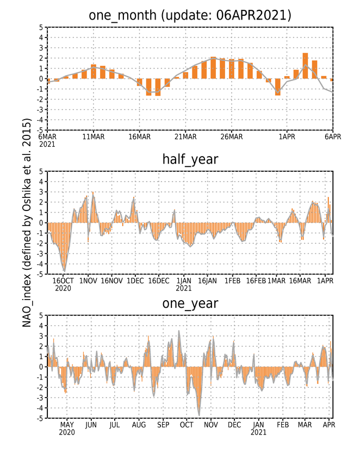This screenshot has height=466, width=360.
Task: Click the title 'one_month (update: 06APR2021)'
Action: pos(190,15)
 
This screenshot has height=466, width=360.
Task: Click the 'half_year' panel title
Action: pos(190,159)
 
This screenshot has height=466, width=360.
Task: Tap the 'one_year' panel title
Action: pos(190,303)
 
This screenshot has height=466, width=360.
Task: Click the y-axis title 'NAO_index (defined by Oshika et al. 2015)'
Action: pos(27,222)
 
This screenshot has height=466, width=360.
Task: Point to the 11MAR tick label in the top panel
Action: pos(94,136)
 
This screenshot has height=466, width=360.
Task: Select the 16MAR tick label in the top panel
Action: pos(139,136)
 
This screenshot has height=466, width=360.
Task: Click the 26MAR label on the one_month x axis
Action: pos(232,136)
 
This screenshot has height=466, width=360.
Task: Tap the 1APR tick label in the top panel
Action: pos(287,136)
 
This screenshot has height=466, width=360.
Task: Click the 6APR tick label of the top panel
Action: pos(333,136)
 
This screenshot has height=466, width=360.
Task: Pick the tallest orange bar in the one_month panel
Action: pos(305,66)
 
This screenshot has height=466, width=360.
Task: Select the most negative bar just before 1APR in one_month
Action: pos(278,87)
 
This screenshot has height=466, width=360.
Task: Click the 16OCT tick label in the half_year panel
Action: pos(63,281)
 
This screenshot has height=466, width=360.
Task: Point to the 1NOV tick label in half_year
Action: pos(88,281)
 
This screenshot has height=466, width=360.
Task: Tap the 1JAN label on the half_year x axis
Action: pos(184,281)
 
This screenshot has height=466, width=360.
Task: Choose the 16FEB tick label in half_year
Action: pos(256,281)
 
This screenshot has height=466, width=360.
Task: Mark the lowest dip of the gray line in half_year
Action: pos(65,271)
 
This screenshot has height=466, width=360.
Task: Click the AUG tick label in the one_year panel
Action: pos(139,425)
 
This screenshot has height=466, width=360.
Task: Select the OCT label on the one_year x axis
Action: pos(187,425)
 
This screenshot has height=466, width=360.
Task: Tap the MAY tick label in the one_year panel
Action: pos(67,425)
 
